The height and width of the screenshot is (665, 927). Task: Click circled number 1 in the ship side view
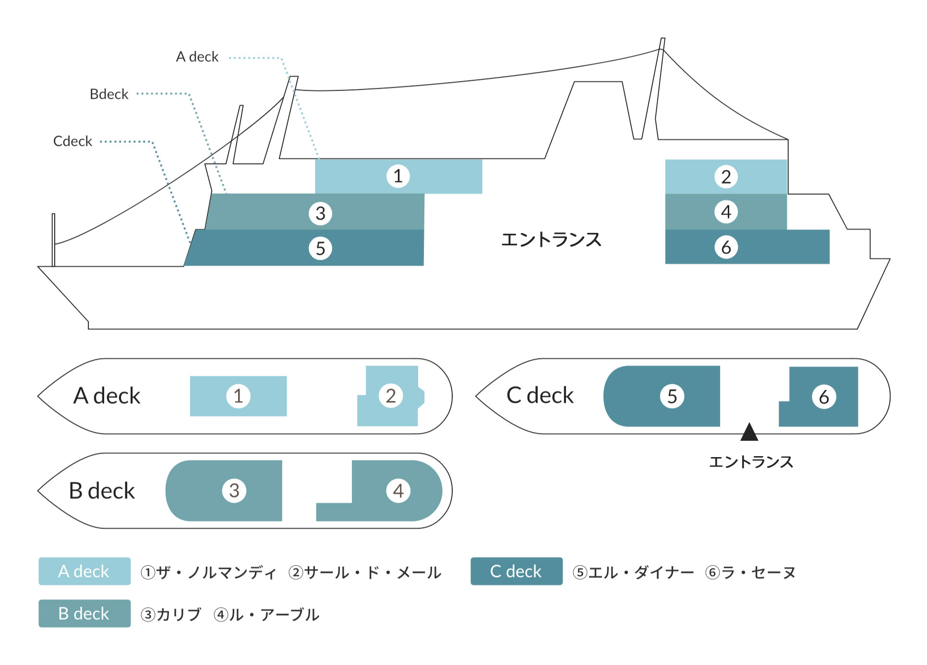(x=398, y=176)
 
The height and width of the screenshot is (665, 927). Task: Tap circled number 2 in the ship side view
(x=726, y=177)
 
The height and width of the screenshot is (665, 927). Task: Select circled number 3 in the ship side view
(x=320, y=213)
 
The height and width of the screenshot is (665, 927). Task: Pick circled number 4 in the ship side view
(x=726, y=212)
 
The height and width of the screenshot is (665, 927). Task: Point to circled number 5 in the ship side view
(x=320, y=248)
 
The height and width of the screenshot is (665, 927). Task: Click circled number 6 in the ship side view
(x=726, y=247)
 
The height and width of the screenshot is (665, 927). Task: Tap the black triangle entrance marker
(x=749, y=432)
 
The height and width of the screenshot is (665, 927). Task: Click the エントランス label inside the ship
(x=551, y=240)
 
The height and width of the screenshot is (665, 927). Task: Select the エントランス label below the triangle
(x=751, y=462)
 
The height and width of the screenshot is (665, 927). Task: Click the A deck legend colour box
(x=84, y=571)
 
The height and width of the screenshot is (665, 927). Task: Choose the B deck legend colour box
(x=84, y=614)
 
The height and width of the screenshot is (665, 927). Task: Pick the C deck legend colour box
(x=516, y=571)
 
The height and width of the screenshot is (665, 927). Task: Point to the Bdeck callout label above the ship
(x=109, y=94)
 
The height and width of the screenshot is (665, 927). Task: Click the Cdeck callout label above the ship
(x=72, y=141)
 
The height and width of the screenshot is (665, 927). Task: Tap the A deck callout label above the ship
(x=197, y=57)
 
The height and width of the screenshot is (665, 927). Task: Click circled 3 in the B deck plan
(x=234, y=491)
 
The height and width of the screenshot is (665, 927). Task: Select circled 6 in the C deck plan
(x=824, y=397)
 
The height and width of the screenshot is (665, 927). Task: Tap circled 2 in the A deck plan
(x=391, y=396)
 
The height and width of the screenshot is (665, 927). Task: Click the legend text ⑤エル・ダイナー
(x=633, y=572)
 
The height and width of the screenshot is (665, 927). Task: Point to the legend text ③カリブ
(x=171, y=615)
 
